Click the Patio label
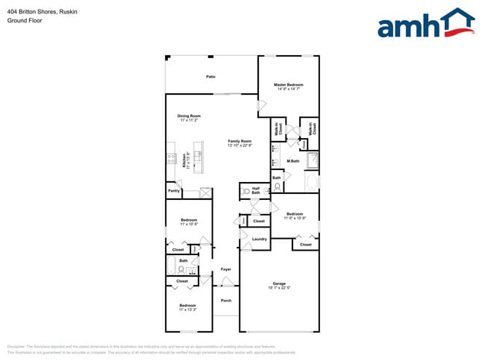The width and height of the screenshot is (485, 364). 211,76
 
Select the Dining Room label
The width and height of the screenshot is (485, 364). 189,116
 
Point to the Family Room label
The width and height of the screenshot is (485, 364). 240,141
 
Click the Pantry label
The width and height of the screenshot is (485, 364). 174,191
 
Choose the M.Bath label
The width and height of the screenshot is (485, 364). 293,161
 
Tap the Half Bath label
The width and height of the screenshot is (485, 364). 256,188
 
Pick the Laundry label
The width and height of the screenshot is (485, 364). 259,239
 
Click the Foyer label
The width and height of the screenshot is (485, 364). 225,269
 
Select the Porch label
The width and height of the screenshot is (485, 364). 225,301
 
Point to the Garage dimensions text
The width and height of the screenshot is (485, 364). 279,288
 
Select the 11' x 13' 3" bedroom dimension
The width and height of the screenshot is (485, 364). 188,309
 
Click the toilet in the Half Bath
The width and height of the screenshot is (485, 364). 247,192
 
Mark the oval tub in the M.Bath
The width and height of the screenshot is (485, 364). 311,181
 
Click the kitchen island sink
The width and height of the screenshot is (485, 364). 198,157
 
